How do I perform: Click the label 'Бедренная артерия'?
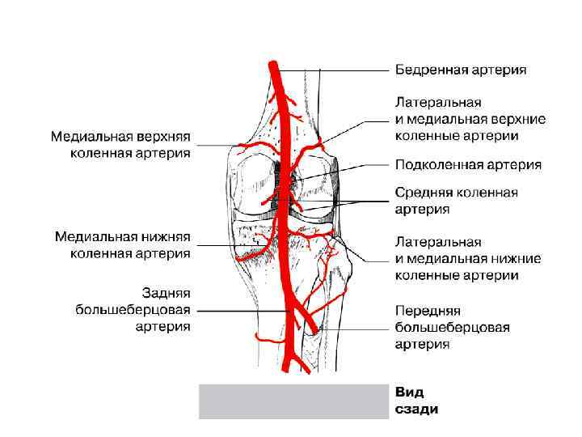point(461,70)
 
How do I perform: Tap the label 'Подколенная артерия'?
point(467,165)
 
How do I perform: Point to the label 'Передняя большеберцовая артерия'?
point(452,327)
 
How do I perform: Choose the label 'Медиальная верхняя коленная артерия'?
point(120,143)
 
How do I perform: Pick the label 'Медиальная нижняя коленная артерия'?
point(122,244)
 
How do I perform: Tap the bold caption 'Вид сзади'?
point(416,401)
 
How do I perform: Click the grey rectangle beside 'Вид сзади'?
point(293,401)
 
